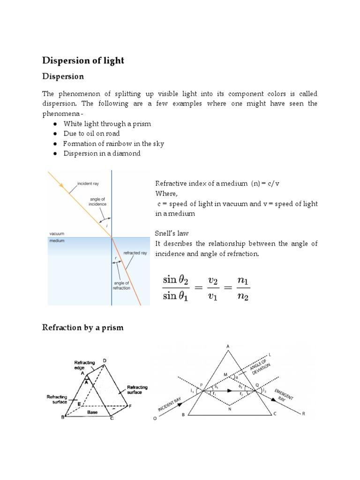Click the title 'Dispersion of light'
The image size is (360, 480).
[x=83, y=60]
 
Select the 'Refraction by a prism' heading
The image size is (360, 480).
[x=83, y=328]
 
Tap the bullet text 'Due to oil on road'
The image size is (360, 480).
[x=91, y=134]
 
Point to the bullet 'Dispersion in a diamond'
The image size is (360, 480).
[x=102, y=153]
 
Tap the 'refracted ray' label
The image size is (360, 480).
[x=135, y=253]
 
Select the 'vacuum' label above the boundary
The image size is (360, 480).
[x=56, y=233]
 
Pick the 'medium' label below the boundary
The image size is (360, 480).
[x=56, y=241]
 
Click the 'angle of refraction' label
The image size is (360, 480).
[x=121, y=285]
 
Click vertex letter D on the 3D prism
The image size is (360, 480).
[x=104, y=360]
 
